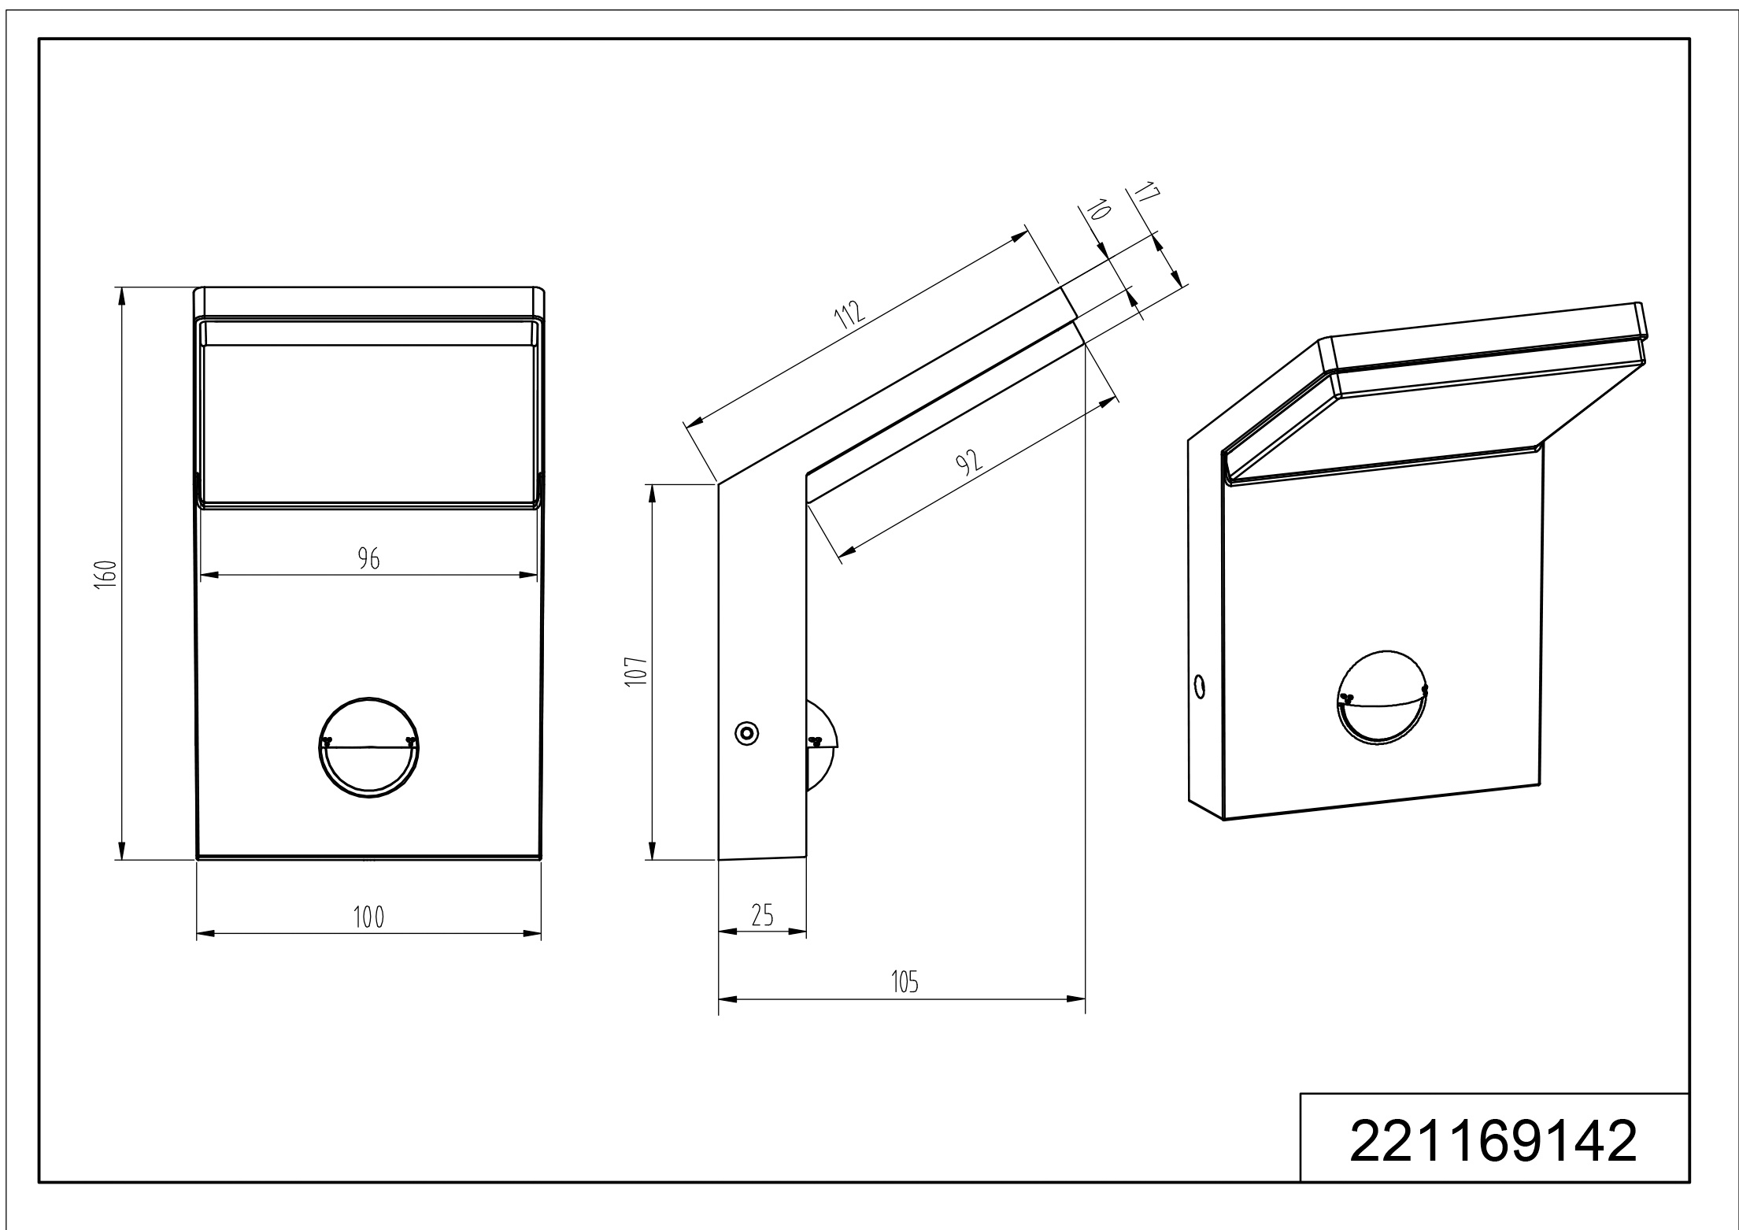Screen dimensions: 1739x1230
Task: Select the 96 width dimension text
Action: click(368, 559)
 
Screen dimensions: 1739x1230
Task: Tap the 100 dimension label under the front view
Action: click(368, 917)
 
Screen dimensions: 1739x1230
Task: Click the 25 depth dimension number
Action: click(763, 915)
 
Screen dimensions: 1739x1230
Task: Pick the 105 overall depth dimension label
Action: click(905, 982)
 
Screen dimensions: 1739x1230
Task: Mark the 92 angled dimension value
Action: click(970, 461)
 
